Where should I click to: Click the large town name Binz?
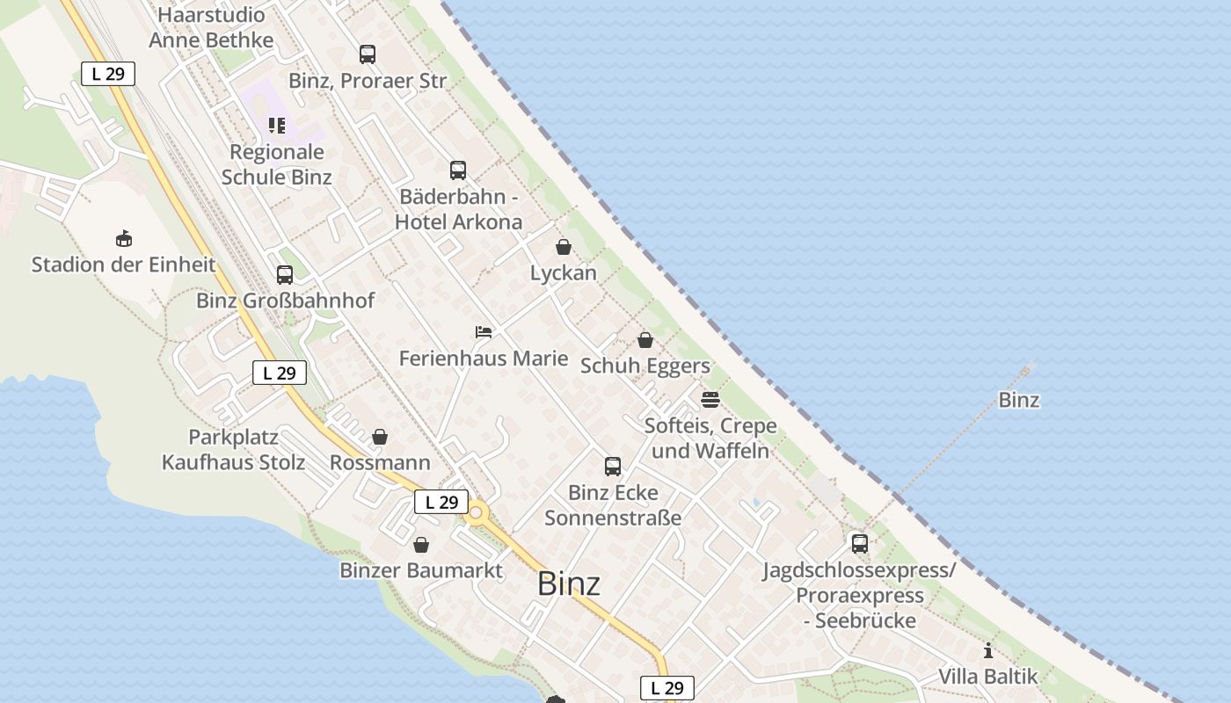pyautogui.click(x=569, y=583)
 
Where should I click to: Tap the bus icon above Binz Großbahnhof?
pyautogui.click(x=284, y=274)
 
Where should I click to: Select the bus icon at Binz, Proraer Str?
pyautogui.click(x=368, y=54)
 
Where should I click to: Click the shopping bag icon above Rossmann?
pyautogui.click(x=380, y=437)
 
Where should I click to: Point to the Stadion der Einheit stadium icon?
pyautogui.click(x=124, y=238)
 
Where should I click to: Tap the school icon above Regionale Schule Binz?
pyautogui.click(x=277, y=126)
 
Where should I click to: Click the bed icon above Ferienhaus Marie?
pyautogui.click(x=484, y=331)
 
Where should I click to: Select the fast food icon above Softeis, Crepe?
pyautogui.click(x=710, y=400)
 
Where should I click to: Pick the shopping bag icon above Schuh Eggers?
pyautogui.click(x=645, y=340)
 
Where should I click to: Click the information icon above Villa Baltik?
pyautogui.click(x=988, y=651)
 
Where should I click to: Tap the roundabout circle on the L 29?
pyautogui.click(x=477, y=512)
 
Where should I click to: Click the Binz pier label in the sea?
pyautogui.click(x=1019, y=400)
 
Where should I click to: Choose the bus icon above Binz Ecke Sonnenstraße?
pyautogui.click(x=613, y=466)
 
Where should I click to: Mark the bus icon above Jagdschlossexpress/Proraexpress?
pyautogui.click(x=859, y=543)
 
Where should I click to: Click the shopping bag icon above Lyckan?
pyautogui.click(x=564, y=247)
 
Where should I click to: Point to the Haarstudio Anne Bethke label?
pyautogui.click(x=211, y=27)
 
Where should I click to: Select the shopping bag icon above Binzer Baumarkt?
pyautogui.click(x=421, y=545)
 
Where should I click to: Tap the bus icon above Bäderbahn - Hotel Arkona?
pyautogui.click(x=458, y=170)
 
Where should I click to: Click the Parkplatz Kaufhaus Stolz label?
pyautogui.click(x=234, y=450)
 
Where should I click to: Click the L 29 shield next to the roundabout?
pyautogui.click(x=441, y=502)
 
